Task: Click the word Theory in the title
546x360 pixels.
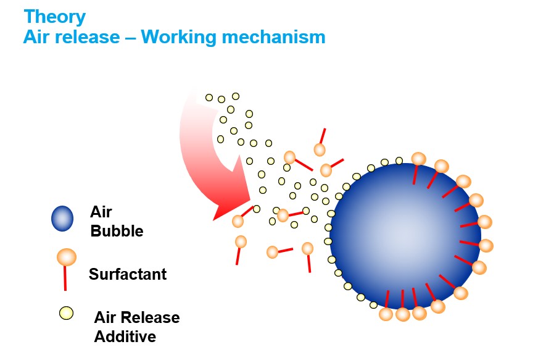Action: tap(54, 16)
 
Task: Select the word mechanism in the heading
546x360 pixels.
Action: tap(274, 37)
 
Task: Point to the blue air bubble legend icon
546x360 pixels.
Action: tap(62, 218)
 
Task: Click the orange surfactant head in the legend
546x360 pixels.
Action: tap(66, 257)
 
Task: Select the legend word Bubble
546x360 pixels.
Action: tap(117, 232)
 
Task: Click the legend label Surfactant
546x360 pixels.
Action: tap(128, 274)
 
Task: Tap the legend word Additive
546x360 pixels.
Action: tap(125, 337)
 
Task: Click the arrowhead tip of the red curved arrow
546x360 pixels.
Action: tap(215, 218)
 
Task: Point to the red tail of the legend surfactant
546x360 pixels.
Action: tap(65, 278)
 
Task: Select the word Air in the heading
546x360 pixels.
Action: tap(39, 37)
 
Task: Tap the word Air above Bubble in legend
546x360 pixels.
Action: tap(101, 212)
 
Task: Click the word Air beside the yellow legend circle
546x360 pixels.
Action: tap(105, 317)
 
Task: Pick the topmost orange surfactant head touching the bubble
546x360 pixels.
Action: tap(418, 159)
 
